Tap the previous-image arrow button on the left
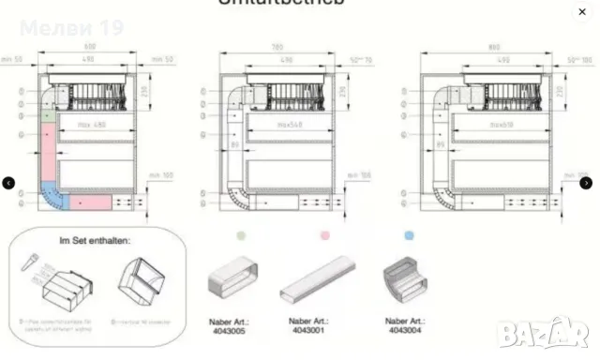coord(8,183)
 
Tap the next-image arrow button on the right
coord(590,183)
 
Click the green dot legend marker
coord(243,238)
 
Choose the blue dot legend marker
coord(409,238)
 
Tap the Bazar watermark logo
coord(558,330)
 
